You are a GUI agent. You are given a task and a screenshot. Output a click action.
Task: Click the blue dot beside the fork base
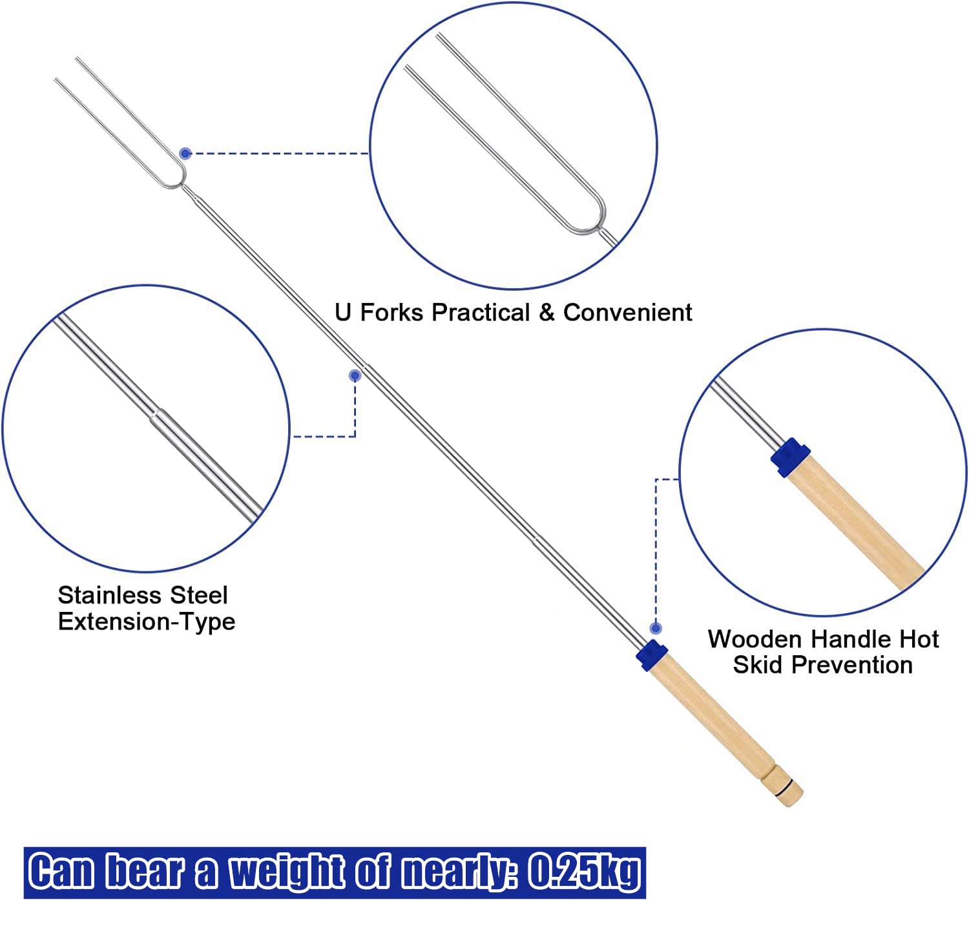[185, 153]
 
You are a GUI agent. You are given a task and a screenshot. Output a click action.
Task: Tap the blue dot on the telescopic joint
[355, 375]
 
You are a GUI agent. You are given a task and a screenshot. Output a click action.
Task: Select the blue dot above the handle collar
[656, 628]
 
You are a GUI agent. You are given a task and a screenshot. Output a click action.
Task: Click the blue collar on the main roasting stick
[652, 656]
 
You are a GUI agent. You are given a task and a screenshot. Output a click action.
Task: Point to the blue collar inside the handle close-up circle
[790, 457]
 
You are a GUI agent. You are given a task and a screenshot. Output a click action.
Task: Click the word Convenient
[627, 313]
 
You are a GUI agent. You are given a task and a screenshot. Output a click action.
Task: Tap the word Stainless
[110, 594]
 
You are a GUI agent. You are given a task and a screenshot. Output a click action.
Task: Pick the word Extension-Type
[147, 622]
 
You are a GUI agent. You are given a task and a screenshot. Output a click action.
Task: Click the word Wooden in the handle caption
[756, 639]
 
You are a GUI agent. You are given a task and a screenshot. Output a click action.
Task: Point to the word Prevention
[852, 665]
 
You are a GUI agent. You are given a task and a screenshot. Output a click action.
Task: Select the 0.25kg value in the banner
[584, 872]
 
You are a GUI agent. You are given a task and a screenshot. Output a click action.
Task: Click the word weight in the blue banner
[287, 872]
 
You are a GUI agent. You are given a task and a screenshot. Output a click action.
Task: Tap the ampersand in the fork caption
[547, 313]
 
